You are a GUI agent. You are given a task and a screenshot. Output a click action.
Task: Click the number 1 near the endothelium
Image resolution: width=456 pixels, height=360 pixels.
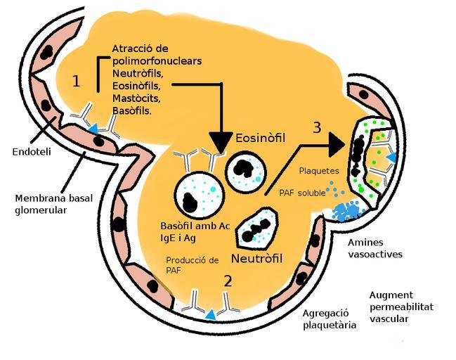[77, 82]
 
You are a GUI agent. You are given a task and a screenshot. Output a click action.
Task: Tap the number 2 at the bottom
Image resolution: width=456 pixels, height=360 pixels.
[227, 281]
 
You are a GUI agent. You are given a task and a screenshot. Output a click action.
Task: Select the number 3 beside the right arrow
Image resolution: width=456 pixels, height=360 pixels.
[318, 128]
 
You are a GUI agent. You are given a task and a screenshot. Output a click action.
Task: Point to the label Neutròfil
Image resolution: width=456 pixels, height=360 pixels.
[256, 259]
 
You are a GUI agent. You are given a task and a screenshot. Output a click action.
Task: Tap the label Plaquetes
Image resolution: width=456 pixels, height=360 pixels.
[319, 170]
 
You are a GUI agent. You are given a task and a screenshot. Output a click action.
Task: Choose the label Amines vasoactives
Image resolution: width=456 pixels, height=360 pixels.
[375, 247]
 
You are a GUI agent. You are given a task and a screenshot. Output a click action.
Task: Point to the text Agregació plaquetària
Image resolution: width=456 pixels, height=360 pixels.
[330, 319]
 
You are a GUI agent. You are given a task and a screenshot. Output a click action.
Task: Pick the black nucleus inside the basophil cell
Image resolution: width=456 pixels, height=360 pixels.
[189, 202]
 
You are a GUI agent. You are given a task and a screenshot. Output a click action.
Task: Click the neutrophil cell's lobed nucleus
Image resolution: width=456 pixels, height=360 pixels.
[256, 227]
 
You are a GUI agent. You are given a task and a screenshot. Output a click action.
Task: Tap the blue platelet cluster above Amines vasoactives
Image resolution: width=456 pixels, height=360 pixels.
[348, 212]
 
